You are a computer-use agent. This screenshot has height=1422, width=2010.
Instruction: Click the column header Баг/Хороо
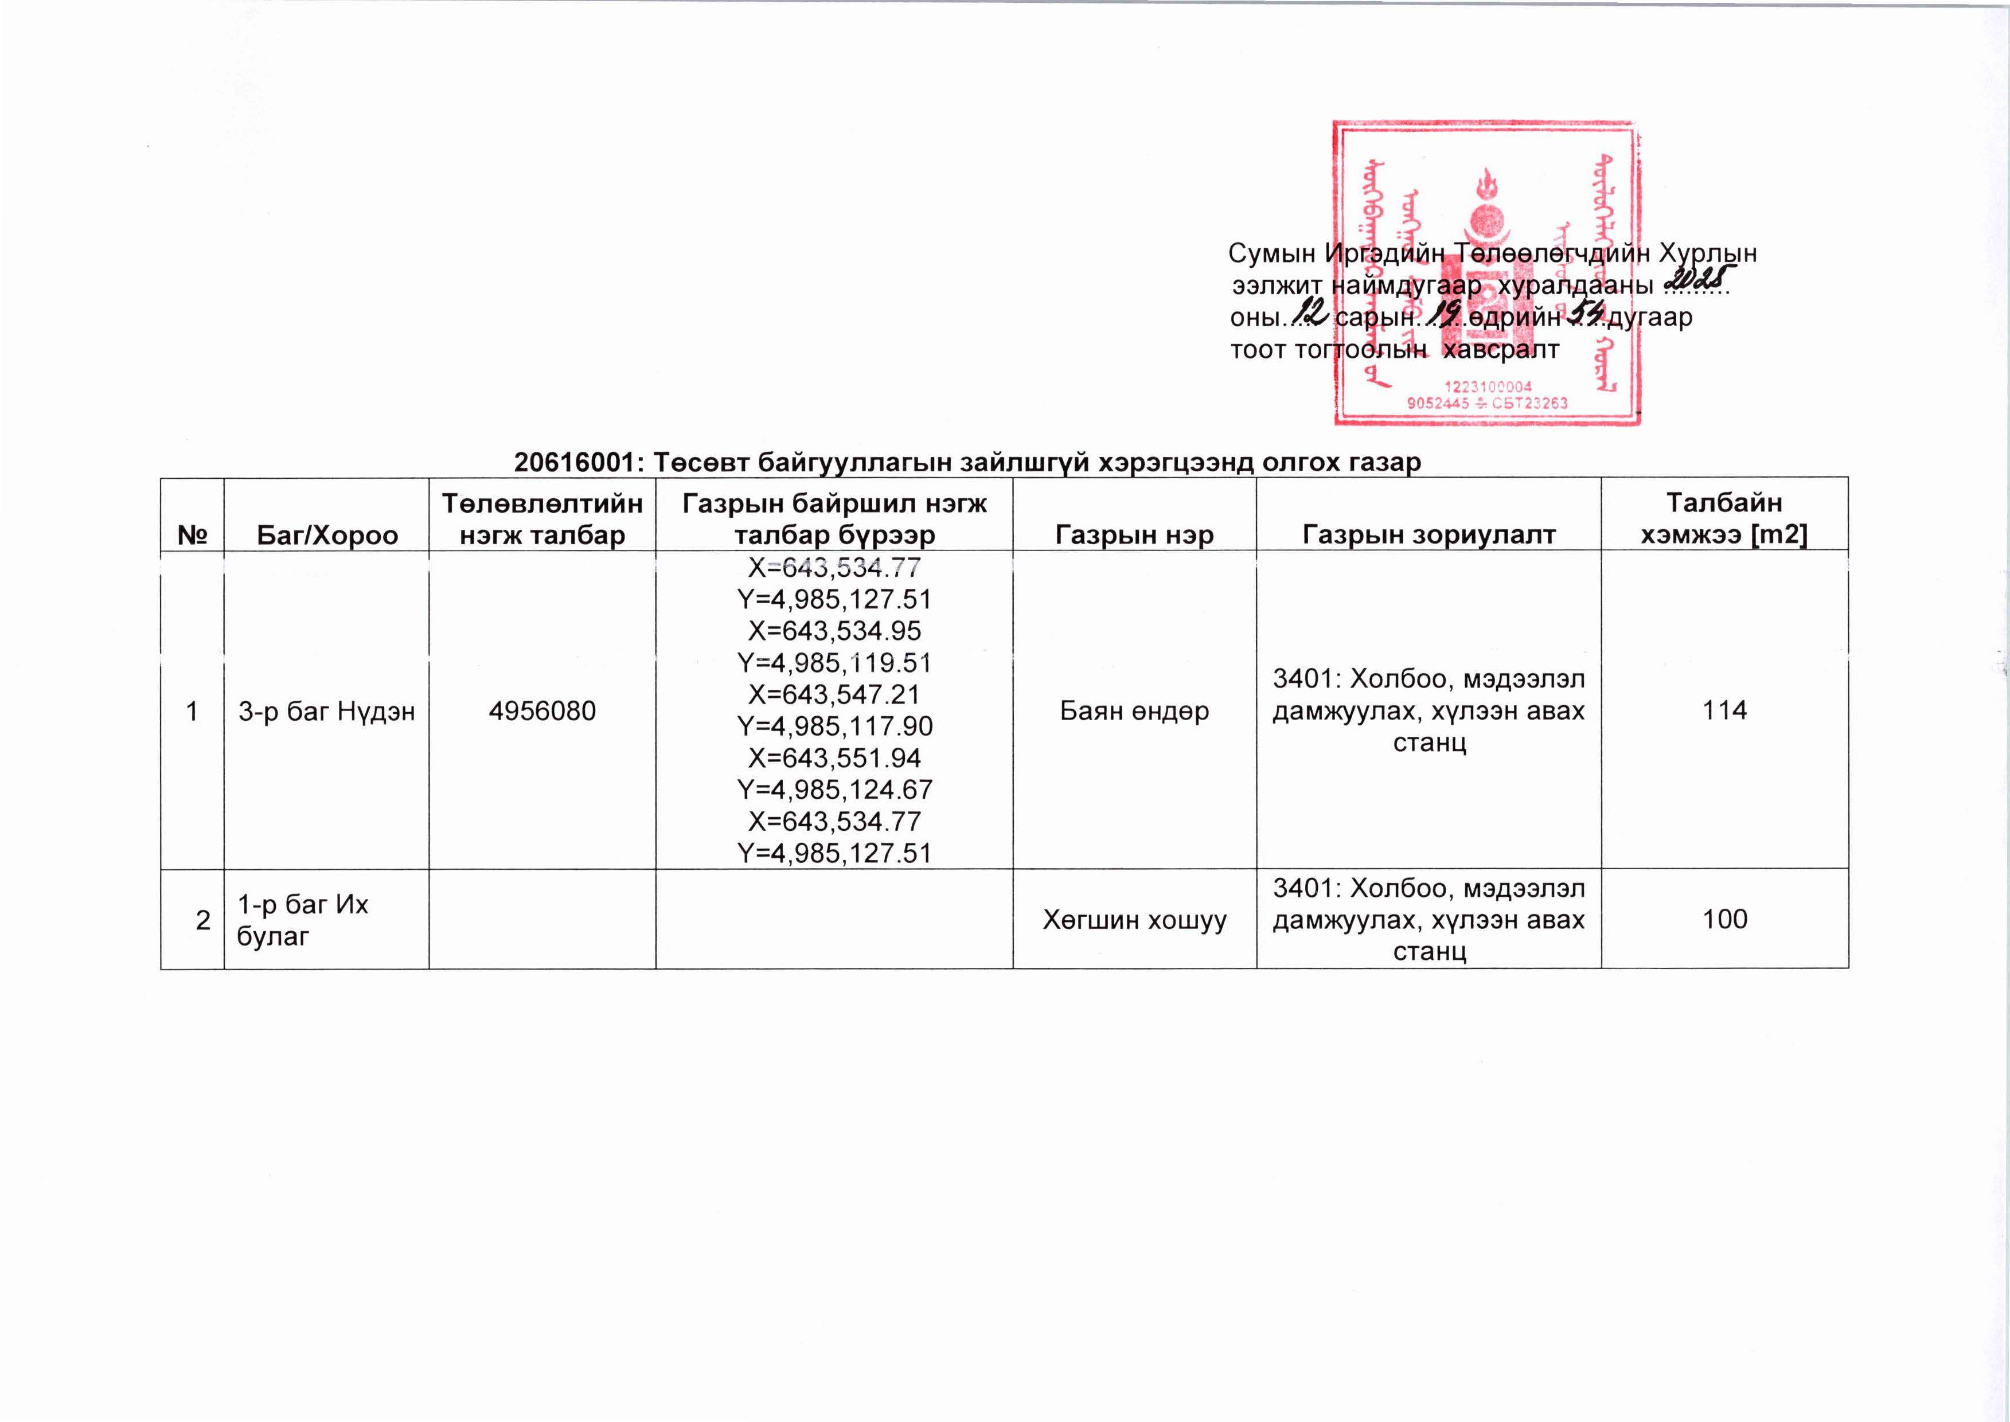(327, 535)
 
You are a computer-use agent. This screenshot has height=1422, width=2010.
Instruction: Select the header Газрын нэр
(1134, 535)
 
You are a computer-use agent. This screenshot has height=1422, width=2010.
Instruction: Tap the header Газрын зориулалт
(1429, 535)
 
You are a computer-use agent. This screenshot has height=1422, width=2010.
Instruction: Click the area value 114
(1724, 710)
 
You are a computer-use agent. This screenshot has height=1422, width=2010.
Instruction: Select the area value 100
(1724, 919)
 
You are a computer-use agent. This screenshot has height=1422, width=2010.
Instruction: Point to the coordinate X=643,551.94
(834, 758)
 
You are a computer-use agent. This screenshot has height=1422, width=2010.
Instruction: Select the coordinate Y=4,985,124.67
(834, 790)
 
